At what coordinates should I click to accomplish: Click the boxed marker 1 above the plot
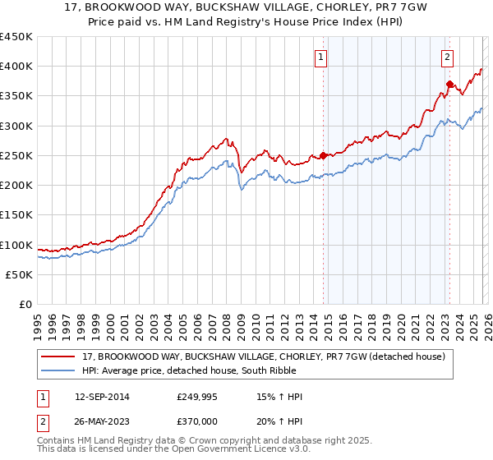coord(320,57)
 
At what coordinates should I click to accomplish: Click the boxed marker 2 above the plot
coord(447,57)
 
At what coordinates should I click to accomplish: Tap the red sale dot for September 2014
coord(323,155)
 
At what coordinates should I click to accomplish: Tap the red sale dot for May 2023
coord(449,84)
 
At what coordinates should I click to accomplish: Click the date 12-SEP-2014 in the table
coord(100,397)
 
